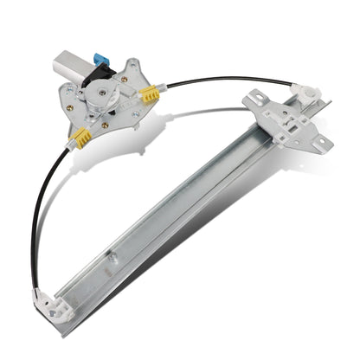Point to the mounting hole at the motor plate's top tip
point(132,61)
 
